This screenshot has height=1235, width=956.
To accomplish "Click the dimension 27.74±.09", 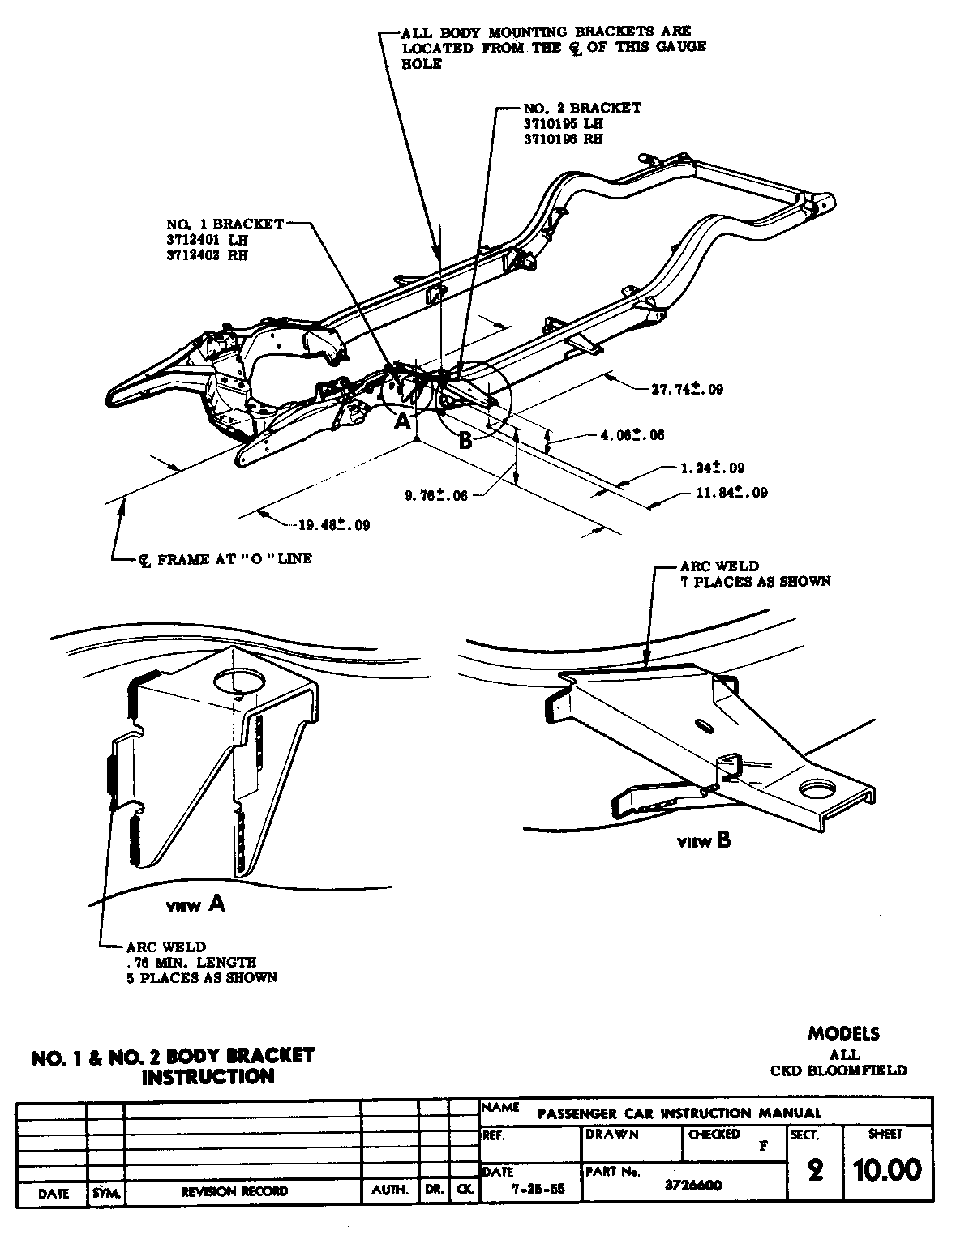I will (687, 389).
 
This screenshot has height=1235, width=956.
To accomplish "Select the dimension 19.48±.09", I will (334, 524).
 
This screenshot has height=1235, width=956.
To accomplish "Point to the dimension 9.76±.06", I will (436, 495).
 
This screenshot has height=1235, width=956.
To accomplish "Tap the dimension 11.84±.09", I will (731, 492).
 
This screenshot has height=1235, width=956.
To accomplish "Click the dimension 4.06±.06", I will (632, 435).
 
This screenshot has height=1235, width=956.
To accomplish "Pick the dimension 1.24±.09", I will (712, 468).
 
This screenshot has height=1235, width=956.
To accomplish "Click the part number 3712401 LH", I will (207, 240).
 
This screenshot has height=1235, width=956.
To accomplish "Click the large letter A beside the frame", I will (402, 421).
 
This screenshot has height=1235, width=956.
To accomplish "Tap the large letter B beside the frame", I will (465, 440).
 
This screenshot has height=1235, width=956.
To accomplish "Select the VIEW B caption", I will (704, 841).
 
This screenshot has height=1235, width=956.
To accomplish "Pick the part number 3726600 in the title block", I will (693, 1185).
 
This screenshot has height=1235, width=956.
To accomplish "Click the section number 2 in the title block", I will (815, 1171).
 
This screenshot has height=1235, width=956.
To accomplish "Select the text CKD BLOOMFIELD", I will (838, 1070).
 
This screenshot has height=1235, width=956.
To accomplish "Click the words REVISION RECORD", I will (234, 1190).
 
